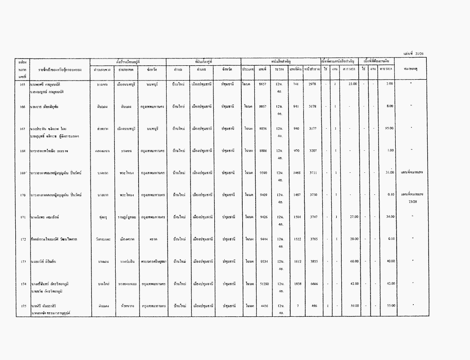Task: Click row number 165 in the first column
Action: [x=23, y=84]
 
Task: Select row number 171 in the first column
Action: [x=23, y=217]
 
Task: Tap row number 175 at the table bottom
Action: [x=23, y=306]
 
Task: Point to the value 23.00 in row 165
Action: [x=352, y=84]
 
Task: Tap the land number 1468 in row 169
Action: [x=296, y=172]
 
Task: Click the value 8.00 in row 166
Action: [x=390, y=106]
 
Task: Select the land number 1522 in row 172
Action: [x=296, y=239]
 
